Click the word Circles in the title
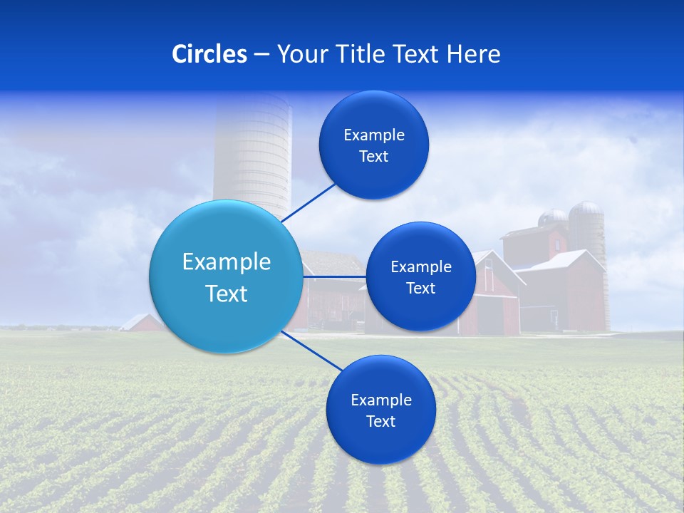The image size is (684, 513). (x=209, y=54)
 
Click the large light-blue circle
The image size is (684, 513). (x=226, y=276)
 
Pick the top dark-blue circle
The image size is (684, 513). (x=374, y=145)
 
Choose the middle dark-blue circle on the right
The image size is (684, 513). (x=420, y=276)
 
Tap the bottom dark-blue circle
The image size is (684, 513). (x=380, y=410)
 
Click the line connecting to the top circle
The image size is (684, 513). (x=310, y=202)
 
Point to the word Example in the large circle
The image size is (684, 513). (x=227, y=262)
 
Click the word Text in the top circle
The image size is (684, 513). (x=373, y=156)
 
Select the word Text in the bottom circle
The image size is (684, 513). (x=380, y=421)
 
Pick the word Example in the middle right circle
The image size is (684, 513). (x=421, y=267)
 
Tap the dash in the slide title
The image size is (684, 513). (x=261, y=55)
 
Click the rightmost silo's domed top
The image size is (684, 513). (x=586, y=209)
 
